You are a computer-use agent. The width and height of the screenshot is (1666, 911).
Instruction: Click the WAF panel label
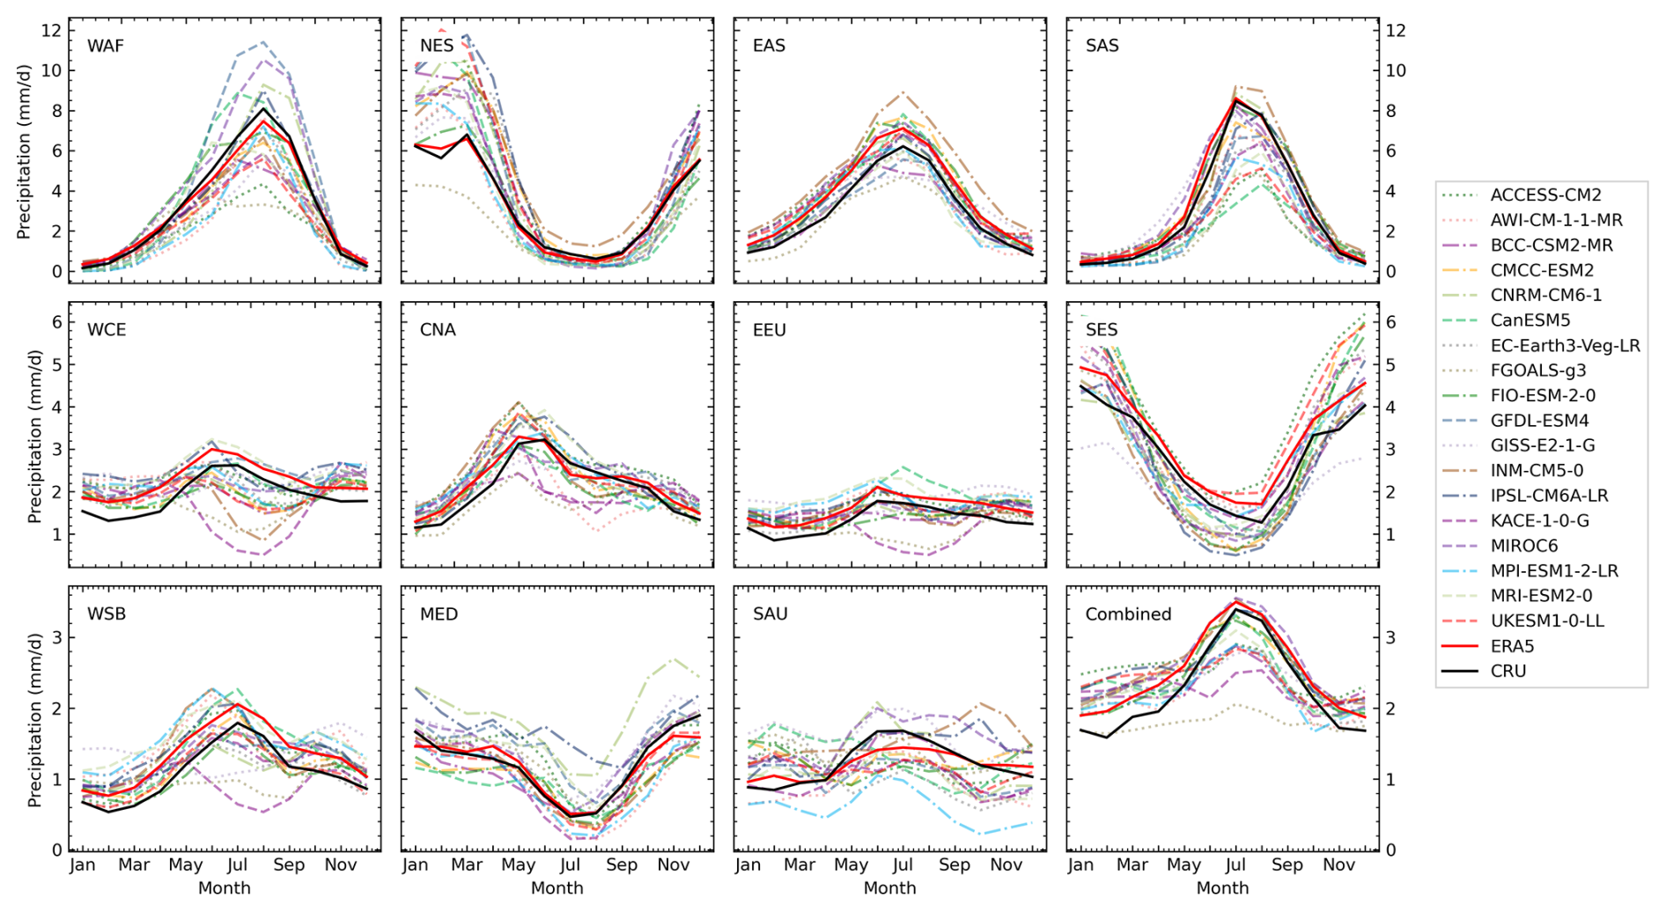point(105,46)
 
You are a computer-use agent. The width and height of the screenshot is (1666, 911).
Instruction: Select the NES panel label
point(437,46)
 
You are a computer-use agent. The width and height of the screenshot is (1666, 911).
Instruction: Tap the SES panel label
point(1102,330)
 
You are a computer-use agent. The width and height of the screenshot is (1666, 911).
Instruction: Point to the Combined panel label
point(1128,614)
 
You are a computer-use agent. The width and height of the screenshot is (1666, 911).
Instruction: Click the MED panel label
point(439,614)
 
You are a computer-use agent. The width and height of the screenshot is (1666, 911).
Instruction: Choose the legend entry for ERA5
point(1512,646)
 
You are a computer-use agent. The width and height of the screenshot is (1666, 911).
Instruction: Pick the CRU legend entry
point(1508,671)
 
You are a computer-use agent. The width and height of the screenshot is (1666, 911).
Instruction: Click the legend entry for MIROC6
point(1523,546)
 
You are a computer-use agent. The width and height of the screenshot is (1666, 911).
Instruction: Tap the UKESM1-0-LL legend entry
point(1547,621)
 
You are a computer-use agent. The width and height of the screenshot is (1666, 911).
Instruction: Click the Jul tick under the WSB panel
point(238,865)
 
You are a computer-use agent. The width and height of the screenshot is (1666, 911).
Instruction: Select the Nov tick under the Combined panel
point(1338,865)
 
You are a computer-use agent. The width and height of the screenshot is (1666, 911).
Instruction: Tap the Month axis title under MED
point(557,888)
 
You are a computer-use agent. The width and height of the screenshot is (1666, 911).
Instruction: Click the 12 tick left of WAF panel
point(51,31)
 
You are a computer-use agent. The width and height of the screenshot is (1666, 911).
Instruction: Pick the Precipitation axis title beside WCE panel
point(35,436)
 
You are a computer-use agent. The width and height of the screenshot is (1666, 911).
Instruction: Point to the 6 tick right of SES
point(1391,322)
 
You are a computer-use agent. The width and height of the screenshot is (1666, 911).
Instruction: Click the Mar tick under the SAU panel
point(800,865)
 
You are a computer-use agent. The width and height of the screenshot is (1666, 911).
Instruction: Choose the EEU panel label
point(769,330)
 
